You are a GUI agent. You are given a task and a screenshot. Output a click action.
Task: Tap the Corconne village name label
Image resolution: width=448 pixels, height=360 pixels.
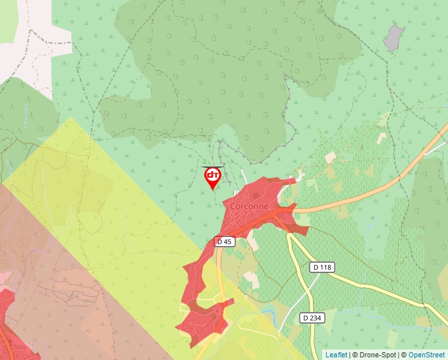point(249,206)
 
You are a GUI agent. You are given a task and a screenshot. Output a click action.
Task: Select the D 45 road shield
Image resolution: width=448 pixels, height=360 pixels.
point(225,242)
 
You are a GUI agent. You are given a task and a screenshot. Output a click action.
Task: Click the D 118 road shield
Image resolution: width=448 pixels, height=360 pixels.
point(322,267)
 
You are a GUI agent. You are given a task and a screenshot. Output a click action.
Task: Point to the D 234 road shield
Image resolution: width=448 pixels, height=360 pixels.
point(312,318)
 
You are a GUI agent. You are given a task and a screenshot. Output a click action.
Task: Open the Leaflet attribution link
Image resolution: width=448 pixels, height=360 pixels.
point(336,355)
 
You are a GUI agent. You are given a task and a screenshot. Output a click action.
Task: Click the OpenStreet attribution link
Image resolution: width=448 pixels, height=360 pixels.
point(426,355)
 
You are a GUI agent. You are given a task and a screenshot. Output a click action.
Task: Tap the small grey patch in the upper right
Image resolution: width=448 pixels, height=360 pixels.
point(394,38)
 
